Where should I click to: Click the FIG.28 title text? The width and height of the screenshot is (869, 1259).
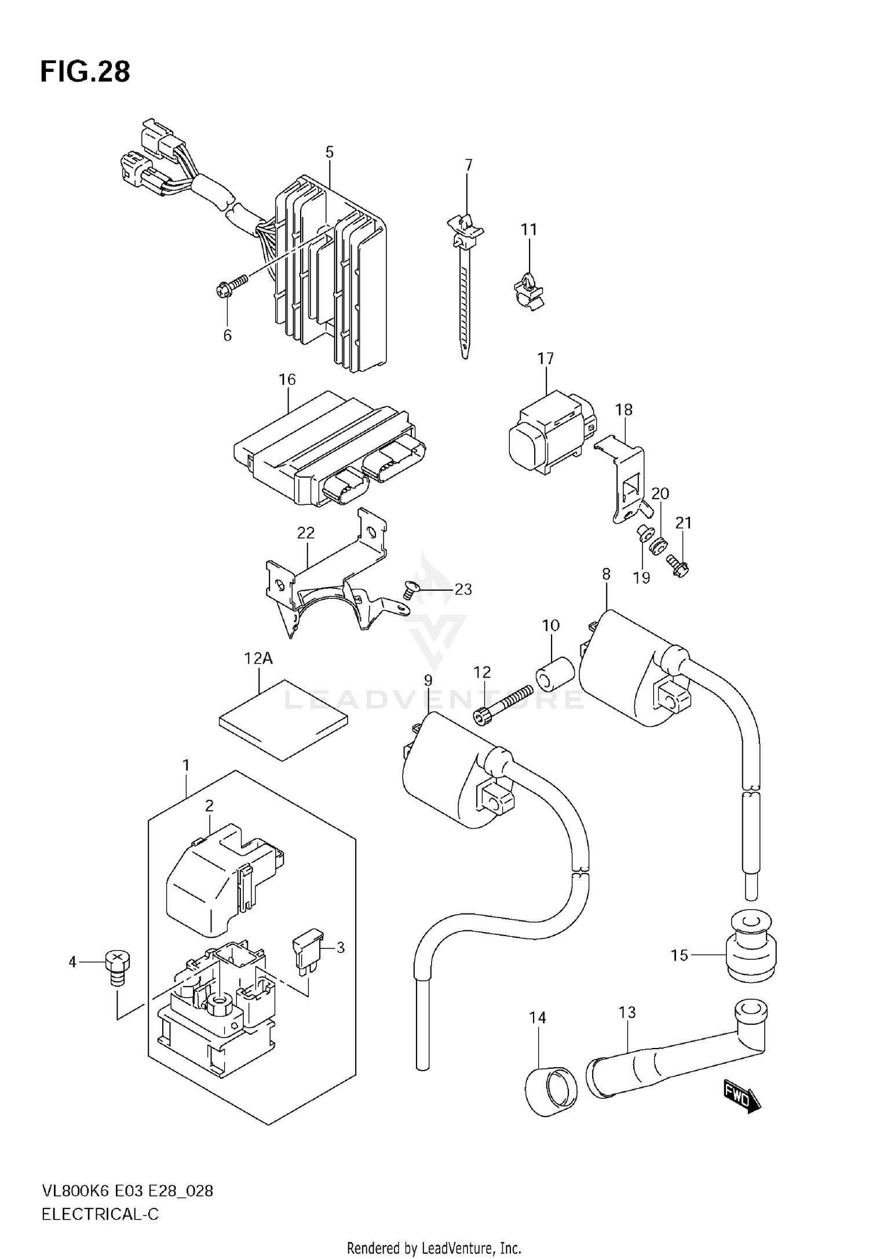coord(85,72)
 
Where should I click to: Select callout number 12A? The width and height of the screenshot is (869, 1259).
coord(258,658)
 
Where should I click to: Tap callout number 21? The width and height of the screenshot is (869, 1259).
coord(684,523)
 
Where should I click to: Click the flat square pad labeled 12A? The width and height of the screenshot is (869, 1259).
coord(284,719)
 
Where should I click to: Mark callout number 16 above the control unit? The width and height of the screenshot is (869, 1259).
coord(287,380)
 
